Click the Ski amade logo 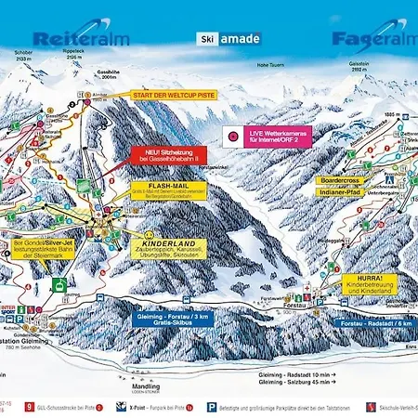229,40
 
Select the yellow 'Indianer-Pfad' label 339,190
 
